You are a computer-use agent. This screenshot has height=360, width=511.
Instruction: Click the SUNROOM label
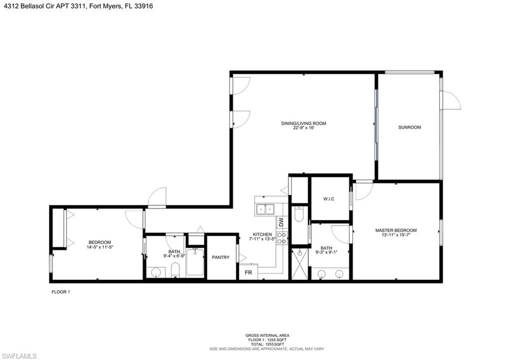[409, 127]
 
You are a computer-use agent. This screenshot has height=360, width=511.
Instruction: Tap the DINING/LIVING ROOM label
[303, 123]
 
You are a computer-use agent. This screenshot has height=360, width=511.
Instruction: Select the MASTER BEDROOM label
[396, 230]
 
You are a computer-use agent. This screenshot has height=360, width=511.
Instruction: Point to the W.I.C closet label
[328, 199]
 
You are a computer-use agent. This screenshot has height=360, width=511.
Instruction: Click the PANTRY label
[221, 257]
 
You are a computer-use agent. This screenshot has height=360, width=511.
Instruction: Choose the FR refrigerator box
[249, 272]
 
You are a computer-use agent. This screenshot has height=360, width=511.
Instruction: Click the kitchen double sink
[265, 209]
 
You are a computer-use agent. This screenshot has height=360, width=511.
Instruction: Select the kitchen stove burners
[281, 238]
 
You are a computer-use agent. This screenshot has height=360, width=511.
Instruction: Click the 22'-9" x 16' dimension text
[303, 128]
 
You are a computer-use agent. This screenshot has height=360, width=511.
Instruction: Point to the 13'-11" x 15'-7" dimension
[396, 235]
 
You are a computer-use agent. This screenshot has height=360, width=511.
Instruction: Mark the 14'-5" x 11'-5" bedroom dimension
[100, 247]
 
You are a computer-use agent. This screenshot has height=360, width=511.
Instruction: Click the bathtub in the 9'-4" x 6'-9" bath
[195, 263]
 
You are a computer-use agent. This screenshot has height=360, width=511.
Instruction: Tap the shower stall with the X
[299, 264]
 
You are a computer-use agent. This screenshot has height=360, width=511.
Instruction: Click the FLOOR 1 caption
[60, 292]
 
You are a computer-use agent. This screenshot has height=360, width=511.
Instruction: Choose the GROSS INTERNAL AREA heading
[267, 336]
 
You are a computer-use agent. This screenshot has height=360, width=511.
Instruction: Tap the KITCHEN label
[262, 234]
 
